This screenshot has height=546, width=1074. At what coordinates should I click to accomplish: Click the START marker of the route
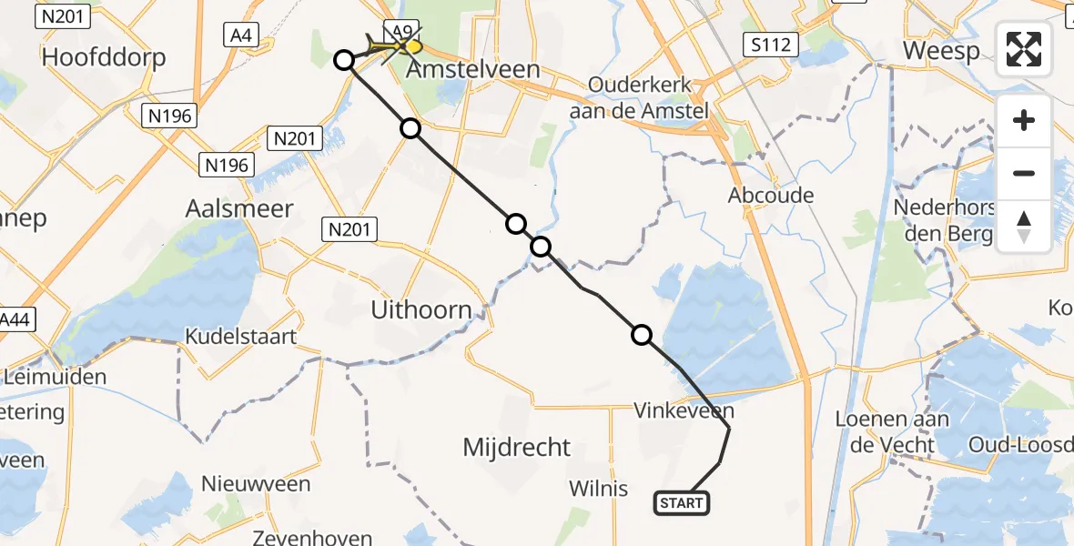tap(682, 502)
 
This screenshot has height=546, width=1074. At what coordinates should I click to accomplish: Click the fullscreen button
tap(1024, 49)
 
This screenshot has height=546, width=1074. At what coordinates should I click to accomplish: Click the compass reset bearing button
tap(1024, 227)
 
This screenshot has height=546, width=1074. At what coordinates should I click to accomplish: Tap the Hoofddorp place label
tap(104, 58)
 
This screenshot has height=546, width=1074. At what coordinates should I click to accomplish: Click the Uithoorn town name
tap(421, 310)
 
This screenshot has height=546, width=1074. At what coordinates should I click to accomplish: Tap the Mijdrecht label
tap(517, 447)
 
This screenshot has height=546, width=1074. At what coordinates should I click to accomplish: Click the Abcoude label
tap(771, 195)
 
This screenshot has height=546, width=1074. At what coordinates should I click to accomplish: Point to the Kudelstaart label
tap(240, 337)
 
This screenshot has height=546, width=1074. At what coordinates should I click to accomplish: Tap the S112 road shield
tap(770, 44)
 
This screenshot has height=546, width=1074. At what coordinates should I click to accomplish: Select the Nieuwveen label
tap(256, 483)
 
